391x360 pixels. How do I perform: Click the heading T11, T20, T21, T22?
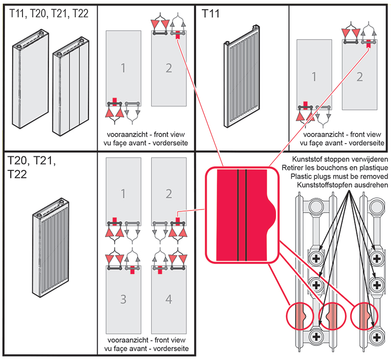point(49,14)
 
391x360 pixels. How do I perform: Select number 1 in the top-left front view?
point(123,68)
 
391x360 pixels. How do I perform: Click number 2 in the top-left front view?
point(169,68)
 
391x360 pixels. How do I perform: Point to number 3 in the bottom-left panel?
point(123,299)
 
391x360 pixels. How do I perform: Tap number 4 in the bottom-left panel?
point(169,299)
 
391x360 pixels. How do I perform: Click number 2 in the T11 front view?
point(359,77)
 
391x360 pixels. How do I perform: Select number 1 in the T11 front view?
point(314,77)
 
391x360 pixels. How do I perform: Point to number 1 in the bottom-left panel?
point(123,194)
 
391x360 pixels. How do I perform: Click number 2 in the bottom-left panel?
point(169,194)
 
